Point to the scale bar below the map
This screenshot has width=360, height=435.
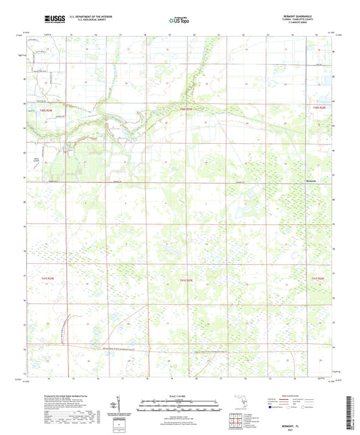(180, 405)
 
